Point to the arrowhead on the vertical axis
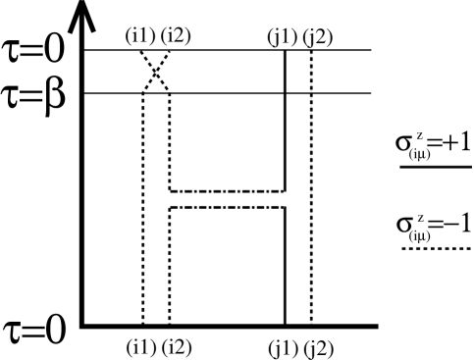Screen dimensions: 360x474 (82, 15)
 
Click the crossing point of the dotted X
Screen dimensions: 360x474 (156, 72)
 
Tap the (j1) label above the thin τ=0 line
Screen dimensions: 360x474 (277, 37)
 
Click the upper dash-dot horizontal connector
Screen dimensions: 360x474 (227, 191)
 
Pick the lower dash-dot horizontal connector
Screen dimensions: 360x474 (227, 208)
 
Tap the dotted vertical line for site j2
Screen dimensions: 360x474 (311, 196)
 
